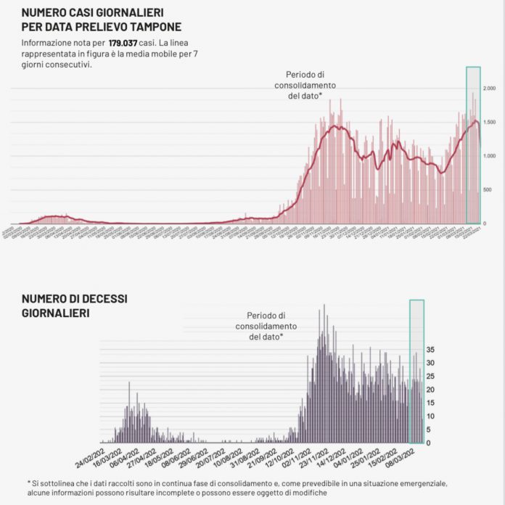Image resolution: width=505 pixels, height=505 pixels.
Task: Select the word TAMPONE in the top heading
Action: click(x=148, y=27)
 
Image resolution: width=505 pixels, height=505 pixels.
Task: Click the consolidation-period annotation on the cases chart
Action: click(x=308, y=86)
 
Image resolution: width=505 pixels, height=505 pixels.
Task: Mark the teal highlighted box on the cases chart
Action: click(x=473, y=145)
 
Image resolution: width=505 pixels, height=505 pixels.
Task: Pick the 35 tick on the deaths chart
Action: click(x=430, y=350)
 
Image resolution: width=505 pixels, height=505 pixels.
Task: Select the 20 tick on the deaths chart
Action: click(x=430, y=390)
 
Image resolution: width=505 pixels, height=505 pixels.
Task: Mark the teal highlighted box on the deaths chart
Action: click(x=416, y=371)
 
